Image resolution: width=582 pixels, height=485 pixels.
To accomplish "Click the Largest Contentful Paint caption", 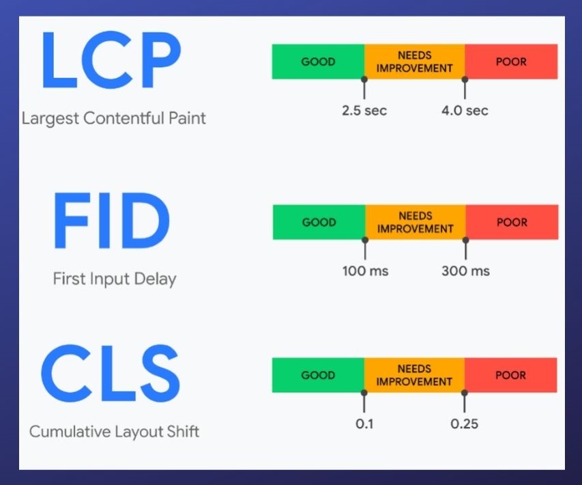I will [x=113, y=118].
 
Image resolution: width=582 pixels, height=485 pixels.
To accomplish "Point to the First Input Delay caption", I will [x=114, y=279].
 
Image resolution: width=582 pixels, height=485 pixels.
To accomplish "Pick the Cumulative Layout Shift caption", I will [x=114, y=432].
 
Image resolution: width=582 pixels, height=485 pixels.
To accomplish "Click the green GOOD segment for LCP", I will [x=318, y=61].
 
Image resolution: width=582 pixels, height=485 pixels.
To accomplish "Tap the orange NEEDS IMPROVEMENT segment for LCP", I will [x=414, y=61].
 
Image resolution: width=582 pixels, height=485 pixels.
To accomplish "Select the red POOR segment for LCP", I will [x=511, y=61].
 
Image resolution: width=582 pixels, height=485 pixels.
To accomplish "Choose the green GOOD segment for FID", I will [x=319, y=222].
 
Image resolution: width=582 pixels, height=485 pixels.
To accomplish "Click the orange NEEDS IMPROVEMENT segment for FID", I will [x=415, y=222].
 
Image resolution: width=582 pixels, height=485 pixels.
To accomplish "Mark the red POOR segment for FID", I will [x=512, y=222].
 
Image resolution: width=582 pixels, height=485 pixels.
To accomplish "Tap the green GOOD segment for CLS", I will [x=318, y=375].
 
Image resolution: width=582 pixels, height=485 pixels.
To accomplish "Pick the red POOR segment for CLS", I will [x=510, y=375].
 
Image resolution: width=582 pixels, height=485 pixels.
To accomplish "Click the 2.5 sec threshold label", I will [x=364, y=110].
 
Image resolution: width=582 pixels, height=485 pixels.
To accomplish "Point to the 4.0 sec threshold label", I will [x=465, y=110].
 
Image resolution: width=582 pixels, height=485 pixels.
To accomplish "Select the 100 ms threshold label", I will [x=365, y=271].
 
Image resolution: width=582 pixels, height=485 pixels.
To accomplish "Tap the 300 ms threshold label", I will [x=465, y=271].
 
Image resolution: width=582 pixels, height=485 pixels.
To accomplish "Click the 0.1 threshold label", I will [x=364, y=424].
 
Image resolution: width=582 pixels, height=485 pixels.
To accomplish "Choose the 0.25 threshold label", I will [x=464, y=424].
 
